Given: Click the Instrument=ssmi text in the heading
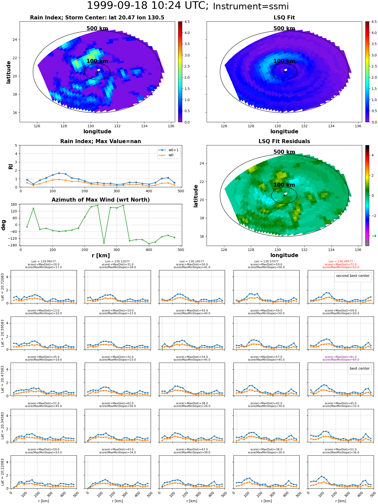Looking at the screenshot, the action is pyautogui.click(x=251, y=6).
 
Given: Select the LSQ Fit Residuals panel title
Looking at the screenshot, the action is pyautogui.click(x=284, y=141).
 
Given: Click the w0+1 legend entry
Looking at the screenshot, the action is pyautogui.click(x=169, y=150).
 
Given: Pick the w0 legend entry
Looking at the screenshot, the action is pyautogui.click(x=166, y=155).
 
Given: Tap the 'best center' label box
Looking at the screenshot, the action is pyautogui.click(x=360, y=368).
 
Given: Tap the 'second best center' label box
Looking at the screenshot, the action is pyautogui.click(x=353, y=276).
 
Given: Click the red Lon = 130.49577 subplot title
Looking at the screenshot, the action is pyautogui.click(x=341, y=262).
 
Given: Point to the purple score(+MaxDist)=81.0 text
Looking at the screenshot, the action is pyautogui.click(x=341, y=357).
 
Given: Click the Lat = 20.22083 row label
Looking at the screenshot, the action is pyautogui.click(x=3, y=472).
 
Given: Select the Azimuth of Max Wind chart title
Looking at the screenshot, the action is pyautogui.click(x=101, y=200).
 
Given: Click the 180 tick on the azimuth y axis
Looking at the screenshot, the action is pyautogui.click(x=14, y=204).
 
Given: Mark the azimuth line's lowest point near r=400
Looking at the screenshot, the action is pyautogui.click(x=149, y=244).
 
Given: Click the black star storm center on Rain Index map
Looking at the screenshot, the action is pyautogui.click(x=97, y=72).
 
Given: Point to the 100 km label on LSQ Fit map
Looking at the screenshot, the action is pyautogui.click(x=284, y=61).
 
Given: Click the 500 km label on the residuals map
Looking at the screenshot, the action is pyautogui.click(x=284, y=152).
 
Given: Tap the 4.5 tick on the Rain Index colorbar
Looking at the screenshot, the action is pyautogui.click(x=187, y=22).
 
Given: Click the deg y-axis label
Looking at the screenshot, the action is pyautogui.click(x=4, y=225).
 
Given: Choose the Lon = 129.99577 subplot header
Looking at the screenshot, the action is pyautogui.click(x=44, y=262).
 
